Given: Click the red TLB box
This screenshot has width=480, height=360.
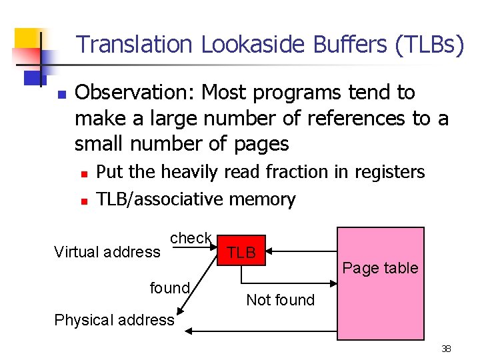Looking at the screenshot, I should (x=241, y=252).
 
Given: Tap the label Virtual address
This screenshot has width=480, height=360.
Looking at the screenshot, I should (x=107, y=252).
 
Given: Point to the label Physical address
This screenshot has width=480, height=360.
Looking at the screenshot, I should (x=114, y=320).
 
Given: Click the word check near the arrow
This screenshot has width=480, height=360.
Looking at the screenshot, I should (x=191, y=238).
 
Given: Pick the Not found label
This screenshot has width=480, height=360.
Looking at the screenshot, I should (x=280, y=300).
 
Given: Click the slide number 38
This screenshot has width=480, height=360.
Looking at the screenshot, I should (x=446, y=349).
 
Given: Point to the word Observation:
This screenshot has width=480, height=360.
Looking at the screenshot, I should (x=135, y=92).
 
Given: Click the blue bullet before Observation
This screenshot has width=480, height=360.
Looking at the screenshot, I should (x=61, y=93).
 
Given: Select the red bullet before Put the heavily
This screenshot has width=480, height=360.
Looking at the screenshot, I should (x=83, y=173).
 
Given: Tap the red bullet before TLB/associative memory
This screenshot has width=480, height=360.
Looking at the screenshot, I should (x=83, y=200).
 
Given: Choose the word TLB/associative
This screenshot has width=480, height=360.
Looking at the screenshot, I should (x=160, y=199).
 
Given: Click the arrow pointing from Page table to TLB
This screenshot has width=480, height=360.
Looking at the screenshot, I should (x=303, y=252).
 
